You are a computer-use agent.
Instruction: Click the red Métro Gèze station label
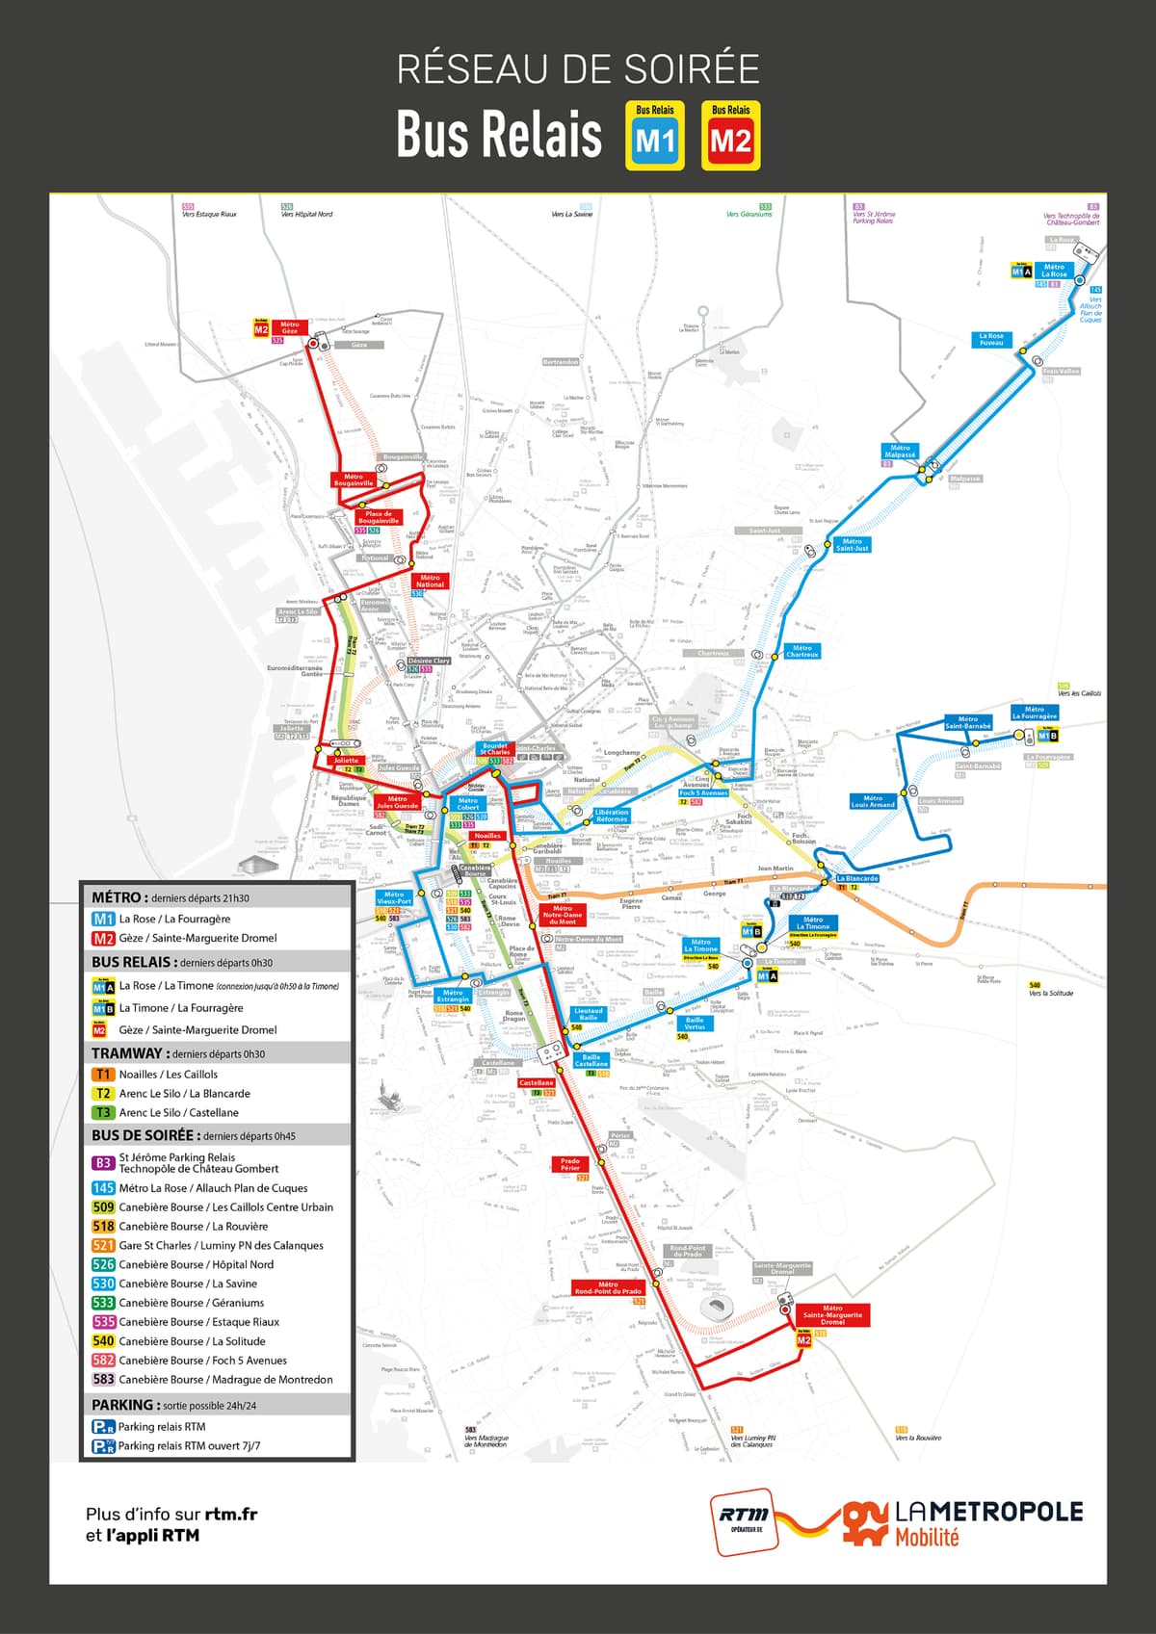point(290,328)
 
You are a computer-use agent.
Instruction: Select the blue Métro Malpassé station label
point(900,451)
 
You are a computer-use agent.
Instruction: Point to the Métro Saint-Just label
point(853,544)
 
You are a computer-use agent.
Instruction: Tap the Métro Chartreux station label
point(801,651)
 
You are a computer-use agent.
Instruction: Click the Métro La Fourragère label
point(1035,713)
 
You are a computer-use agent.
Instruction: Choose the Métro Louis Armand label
point(873,801)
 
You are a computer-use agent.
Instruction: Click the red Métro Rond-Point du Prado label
point(608,1287)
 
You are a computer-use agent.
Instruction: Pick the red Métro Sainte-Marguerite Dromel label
point(832,1314)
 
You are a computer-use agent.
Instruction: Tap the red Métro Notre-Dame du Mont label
point(563,915)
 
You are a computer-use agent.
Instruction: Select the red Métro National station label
point(430,581)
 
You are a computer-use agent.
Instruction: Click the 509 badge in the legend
point(103,1206)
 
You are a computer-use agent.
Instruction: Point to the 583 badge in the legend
point(103,1379)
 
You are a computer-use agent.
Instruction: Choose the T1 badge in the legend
point(103,1074)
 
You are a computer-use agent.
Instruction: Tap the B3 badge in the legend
point(103,1163)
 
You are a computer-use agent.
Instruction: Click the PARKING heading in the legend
point(122,1405)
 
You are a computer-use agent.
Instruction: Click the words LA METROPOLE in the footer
point(989,1512)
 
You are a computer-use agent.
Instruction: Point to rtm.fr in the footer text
point(231,1514)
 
